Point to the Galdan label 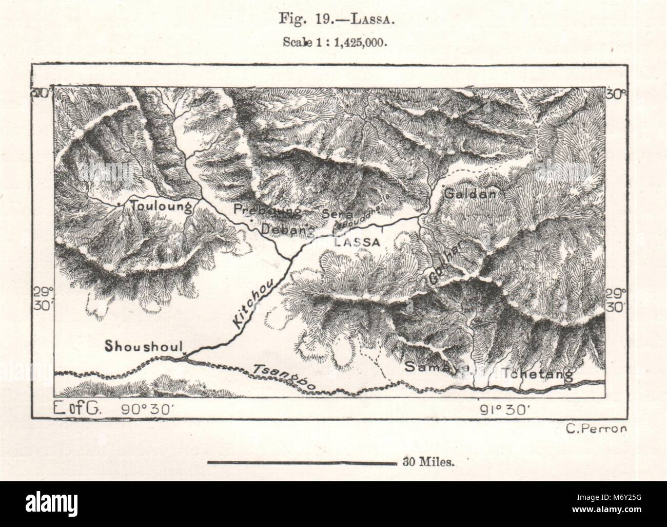(470, 194)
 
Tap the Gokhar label (445, 269)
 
